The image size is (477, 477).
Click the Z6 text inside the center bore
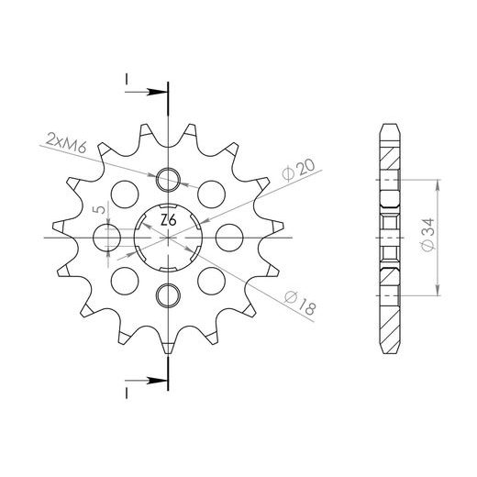(169, 221)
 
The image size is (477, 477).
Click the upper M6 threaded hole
(168, 179)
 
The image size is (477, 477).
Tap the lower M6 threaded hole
(168, 294)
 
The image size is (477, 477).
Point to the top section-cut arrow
(147, 91)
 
